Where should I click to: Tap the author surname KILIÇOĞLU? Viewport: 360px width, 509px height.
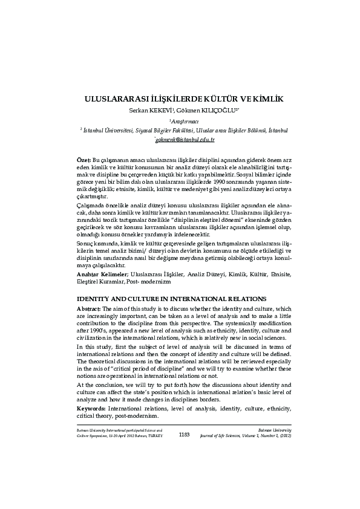205,110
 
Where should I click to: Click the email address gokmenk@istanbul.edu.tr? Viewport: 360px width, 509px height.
181,140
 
